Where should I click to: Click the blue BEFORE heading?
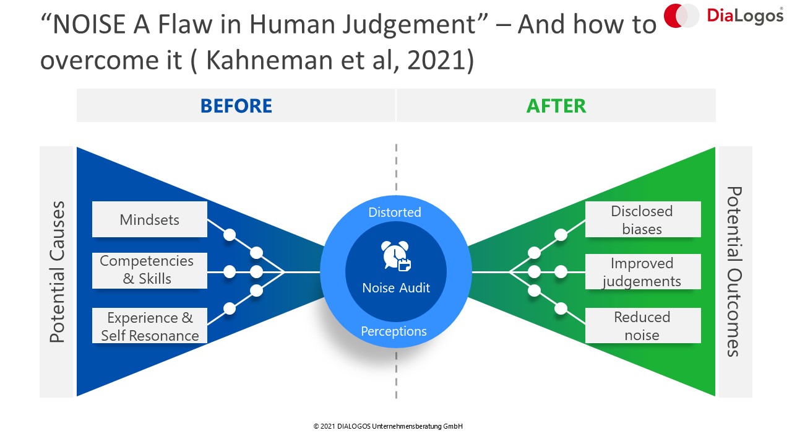[236, 106]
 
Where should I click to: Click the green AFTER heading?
[556, 106]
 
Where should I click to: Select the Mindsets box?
[150, 219]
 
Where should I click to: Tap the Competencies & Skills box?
[150, 271]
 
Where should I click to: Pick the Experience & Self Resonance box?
[150, 326]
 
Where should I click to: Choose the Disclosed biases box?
[643, 219]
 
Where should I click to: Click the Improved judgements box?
[643, 272]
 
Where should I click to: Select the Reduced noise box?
[643, 326]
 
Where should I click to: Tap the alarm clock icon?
[395, 256]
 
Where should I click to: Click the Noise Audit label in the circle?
[396, 288]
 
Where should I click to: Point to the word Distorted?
[395, 212]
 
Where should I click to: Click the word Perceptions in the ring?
[394, 331]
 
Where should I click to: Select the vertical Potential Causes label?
[56, 272]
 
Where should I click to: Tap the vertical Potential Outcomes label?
[734, 271]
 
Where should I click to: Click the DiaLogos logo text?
[744, 16]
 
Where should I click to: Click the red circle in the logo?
[674, 15]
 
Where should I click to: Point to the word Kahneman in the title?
[269, 60]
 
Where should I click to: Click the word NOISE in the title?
[88, 24]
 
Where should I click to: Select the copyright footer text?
[388, 427]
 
